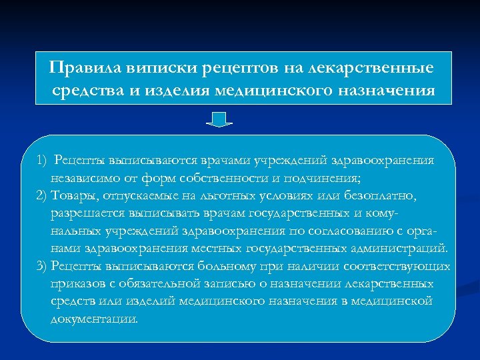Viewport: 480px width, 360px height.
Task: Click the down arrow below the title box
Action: (x=218, y=119)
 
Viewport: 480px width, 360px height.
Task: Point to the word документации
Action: (x=93, y=319)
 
